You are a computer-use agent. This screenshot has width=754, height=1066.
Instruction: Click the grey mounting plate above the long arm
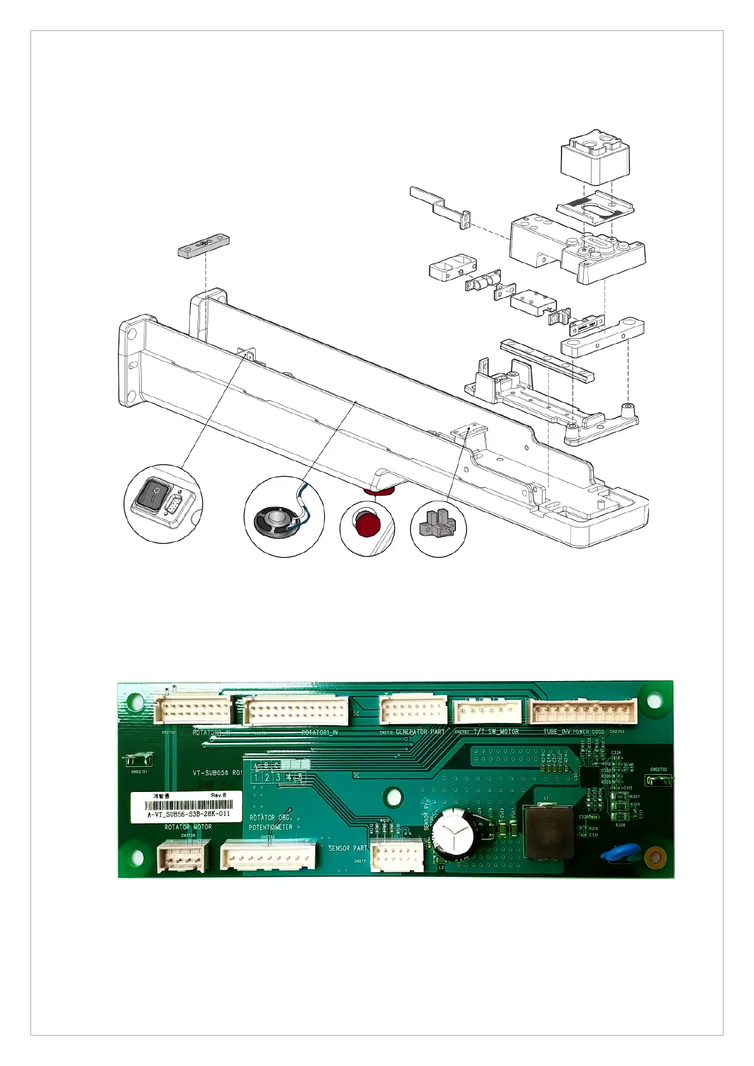(x=203, y=246)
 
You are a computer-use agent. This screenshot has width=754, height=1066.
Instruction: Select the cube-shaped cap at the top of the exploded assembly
(x=596, y=156)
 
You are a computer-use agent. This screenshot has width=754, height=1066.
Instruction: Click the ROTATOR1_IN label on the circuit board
(x=319, y=732)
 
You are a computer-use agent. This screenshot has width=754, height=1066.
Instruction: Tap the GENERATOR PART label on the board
(x=420, y=732)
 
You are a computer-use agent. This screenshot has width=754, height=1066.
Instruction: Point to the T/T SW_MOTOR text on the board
(x=496, y=732)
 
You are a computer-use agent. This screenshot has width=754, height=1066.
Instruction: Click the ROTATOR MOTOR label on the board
(x=188, y=827)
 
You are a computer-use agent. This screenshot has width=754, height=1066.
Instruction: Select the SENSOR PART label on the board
(x=348, y=848)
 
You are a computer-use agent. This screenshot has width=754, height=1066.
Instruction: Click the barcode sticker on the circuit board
(x=187, y=807)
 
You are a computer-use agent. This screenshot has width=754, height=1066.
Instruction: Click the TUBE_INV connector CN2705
(x=583, y=711)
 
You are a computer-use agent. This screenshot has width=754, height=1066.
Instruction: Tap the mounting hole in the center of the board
(x=394, y=796)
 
